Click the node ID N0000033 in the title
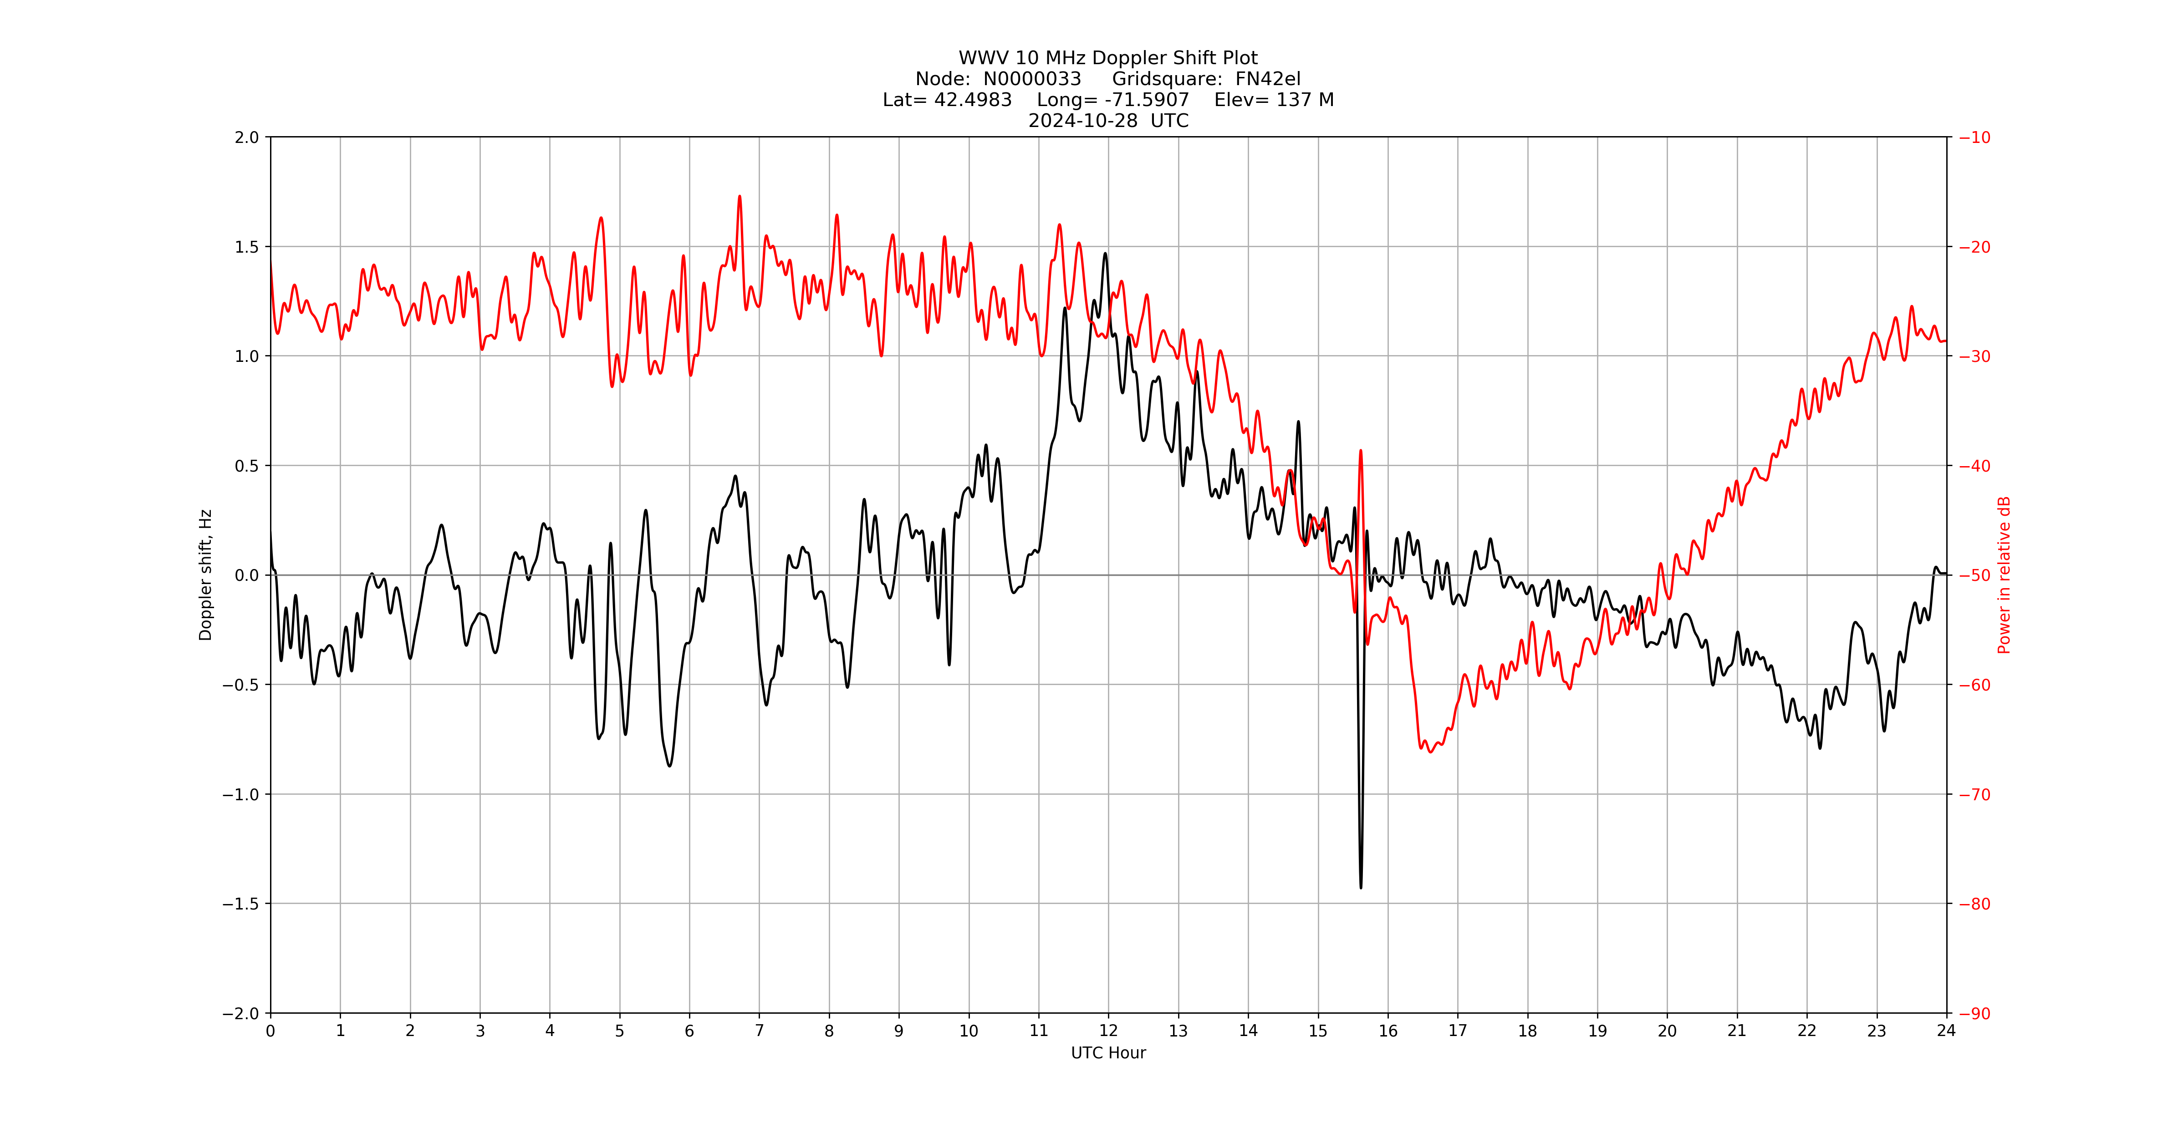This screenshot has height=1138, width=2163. click(1032, 79)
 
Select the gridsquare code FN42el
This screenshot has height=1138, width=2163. click(1267, 79)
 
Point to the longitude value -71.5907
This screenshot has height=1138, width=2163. click(1146, 100)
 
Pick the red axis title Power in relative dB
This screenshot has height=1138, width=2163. click(2004, 575)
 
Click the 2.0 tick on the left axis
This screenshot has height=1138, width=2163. click(247, 137)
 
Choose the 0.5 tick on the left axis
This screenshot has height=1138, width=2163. click(247, 466)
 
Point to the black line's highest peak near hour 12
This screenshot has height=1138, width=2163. click(1105, 254)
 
